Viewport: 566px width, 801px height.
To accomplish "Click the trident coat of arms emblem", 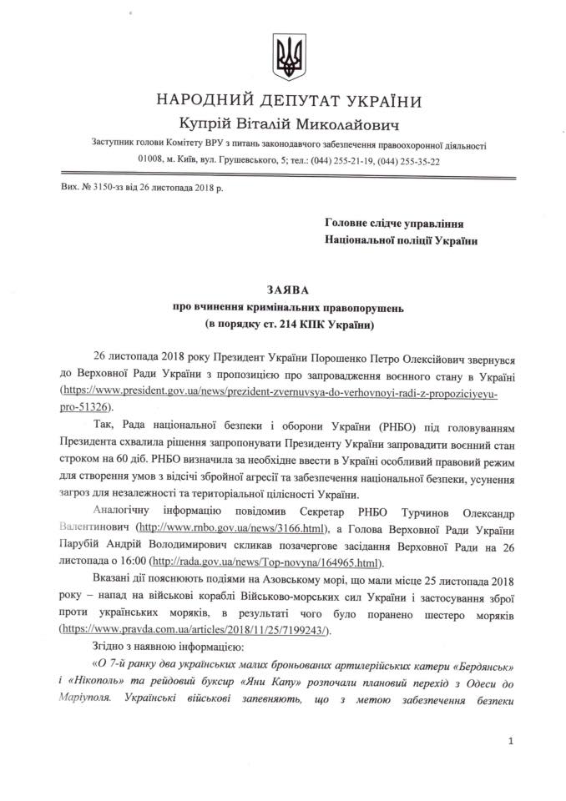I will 282,57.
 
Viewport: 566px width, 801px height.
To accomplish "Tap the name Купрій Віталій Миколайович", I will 282,125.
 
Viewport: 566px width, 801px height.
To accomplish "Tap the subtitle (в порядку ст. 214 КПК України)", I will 282,323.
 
